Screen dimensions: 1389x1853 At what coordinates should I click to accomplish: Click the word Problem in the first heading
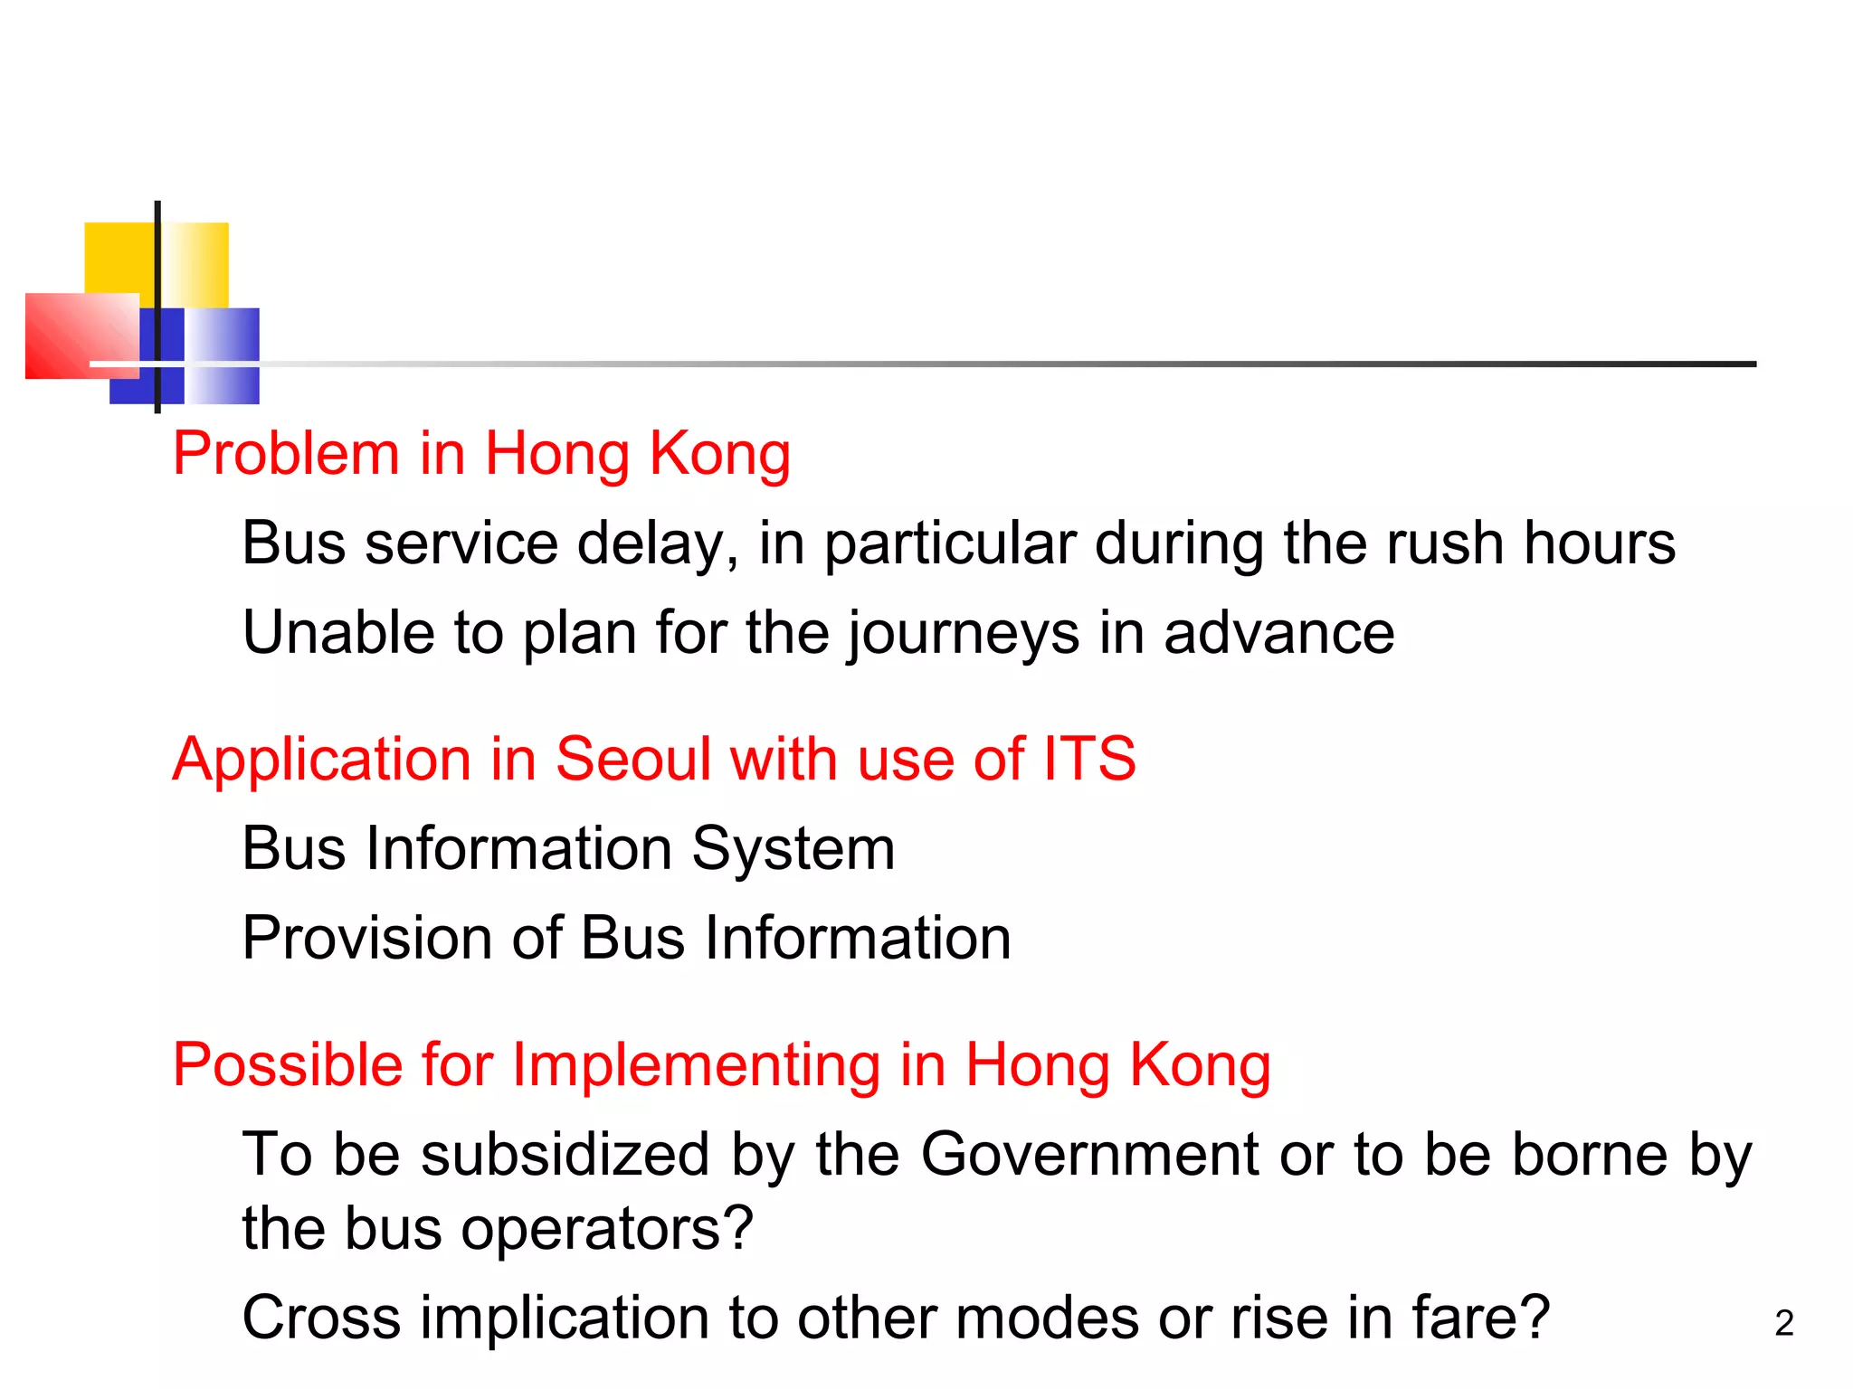[285, 454]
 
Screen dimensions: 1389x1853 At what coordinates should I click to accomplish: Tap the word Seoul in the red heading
[632, 760]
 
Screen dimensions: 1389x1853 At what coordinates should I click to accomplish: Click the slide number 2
[1783, 1324]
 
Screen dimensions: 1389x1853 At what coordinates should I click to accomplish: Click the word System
[793, 850]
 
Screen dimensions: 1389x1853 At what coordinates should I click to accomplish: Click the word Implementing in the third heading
[696, 1065]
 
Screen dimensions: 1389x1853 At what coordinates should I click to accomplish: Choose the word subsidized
[565, 1155]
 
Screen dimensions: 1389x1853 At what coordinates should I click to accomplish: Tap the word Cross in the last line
[321, 1318]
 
